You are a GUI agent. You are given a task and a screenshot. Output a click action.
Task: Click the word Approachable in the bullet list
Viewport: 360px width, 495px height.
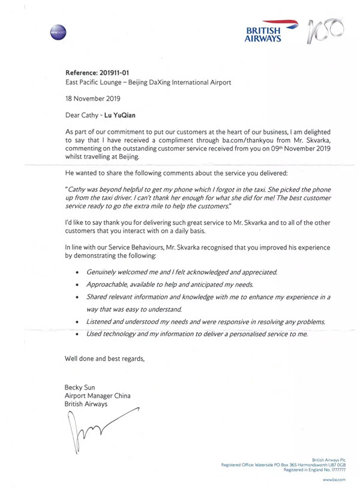pos(109,284)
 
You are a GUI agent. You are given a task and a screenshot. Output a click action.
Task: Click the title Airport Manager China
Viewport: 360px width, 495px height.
pos(97,396)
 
